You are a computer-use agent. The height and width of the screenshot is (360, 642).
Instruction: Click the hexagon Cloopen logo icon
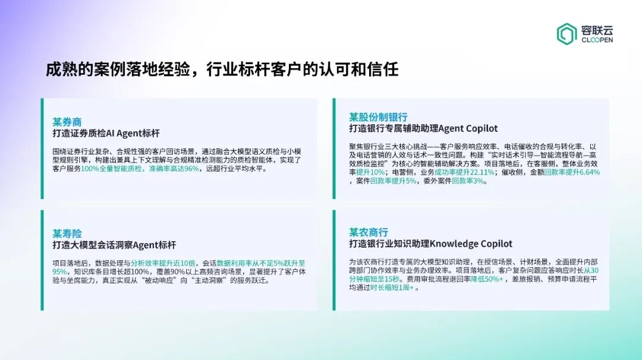pos(567,34)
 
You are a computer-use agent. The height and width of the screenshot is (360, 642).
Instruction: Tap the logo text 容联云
pos(597,29)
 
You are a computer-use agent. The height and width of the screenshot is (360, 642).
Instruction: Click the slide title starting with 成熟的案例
pos(222,70)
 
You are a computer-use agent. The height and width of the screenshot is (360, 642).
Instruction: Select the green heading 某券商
pos(67,122)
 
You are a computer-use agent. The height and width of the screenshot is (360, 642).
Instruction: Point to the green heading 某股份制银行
pos(378,116)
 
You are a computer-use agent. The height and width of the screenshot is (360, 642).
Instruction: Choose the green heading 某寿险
pos(67,233)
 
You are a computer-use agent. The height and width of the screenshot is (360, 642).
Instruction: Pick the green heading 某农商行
pos(369,232)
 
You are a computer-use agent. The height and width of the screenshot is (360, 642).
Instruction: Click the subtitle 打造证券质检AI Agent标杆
pos(106,133)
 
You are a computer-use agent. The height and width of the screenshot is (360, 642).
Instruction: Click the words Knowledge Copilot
pos(471,244)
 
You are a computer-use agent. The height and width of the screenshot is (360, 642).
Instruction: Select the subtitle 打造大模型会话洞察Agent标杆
pos(114,245)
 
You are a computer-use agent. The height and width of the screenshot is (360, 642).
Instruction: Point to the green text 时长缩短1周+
pos(392,288)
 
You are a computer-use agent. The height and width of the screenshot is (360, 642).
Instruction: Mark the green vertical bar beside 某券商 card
pos(42,149)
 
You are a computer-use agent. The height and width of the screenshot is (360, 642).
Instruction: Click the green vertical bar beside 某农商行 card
pos(334,260)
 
